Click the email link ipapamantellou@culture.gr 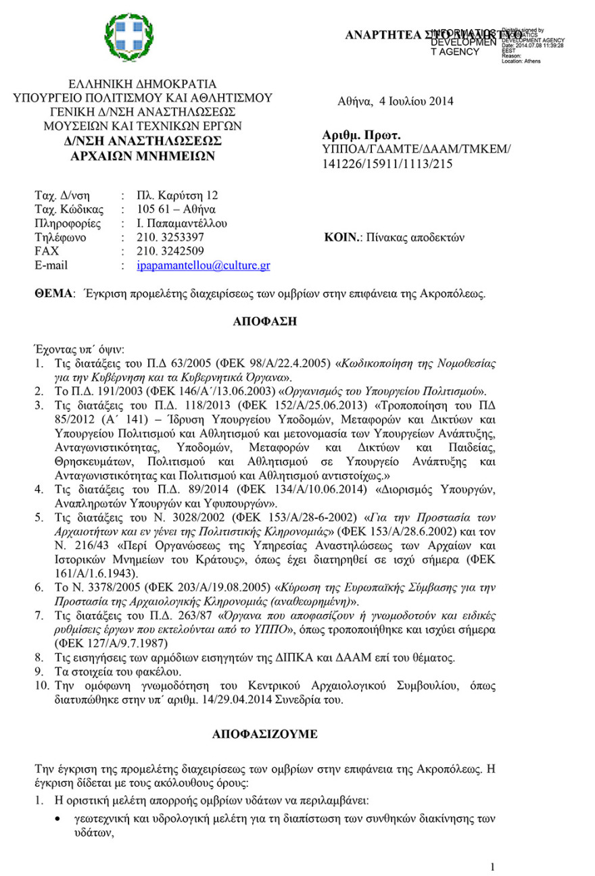tap(203, 266)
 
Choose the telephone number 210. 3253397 tap(166, 238)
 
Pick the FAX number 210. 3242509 tap(166, 252)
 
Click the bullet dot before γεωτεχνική tap(60, 820)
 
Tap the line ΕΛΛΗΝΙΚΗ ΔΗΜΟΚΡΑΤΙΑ tap(143, 84)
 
